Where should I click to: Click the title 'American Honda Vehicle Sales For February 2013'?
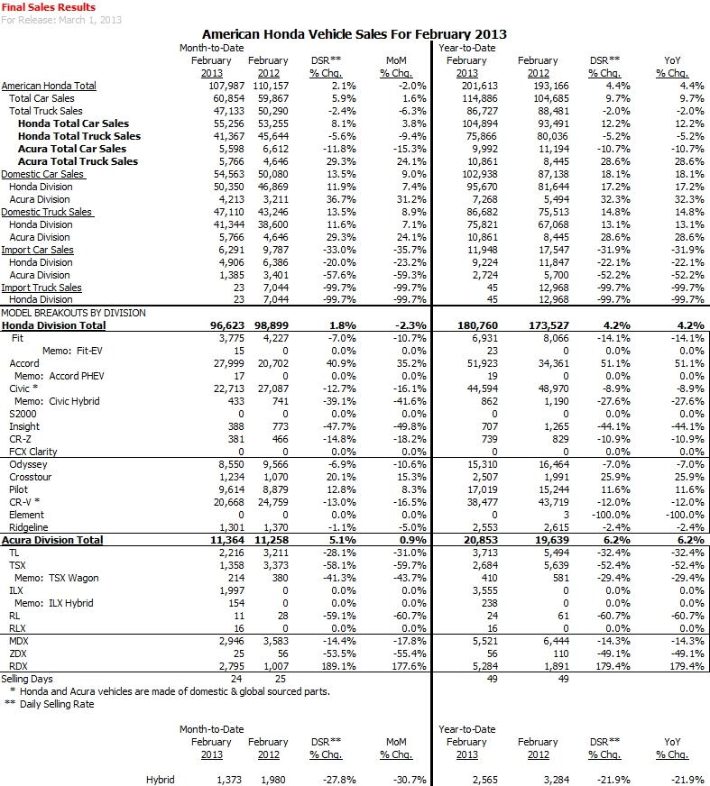(x=355, y=33)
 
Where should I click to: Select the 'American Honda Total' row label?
(x=49, y=86)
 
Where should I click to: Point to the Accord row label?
(x=24, y=363)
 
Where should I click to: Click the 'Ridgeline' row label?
(x=28, y=527)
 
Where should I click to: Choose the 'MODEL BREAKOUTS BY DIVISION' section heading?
(x=61, y=312)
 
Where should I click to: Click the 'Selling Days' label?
(x=27, y=679)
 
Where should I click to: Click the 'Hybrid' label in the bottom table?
(x=160, y=779)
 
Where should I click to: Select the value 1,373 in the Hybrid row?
(x=219, y=779)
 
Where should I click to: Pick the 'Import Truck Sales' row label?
(x=41, y=288)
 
